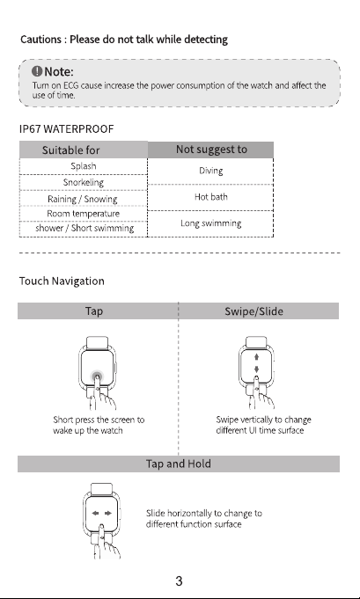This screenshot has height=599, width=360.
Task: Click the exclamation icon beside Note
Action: pos(37,71)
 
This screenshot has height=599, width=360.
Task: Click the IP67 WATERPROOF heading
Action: pos(67,128)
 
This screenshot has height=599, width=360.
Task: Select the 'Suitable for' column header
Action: pos(84,150)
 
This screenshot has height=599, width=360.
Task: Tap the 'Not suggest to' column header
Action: pos(210,150)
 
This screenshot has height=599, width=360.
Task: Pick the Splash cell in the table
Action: pos(84,166)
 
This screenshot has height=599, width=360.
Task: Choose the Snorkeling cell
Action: pos(84,182)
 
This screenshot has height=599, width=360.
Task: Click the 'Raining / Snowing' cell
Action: pos(83,199)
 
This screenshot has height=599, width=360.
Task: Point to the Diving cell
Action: pos(210,171)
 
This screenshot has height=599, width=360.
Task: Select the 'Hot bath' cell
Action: pos(210,197)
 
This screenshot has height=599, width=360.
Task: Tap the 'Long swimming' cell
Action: pos(210,223)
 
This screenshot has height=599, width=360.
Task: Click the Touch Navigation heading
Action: pos(62,281)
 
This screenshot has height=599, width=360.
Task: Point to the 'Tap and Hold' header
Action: pos(179,464)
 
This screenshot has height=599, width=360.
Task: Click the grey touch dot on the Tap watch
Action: pos(97,376)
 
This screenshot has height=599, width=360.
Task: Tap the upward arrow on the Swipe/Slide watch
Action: pos(256,357)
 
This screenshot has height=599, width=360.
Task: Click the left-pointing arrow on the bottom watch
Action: pos(96,513)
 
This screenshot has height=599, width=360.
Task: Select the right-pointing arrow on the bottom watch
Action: pos(108,513)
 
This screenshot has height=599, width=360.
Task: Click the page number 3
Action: pos(179,581)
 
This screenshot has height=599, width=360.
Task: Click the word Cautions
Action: pos(40,40)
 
